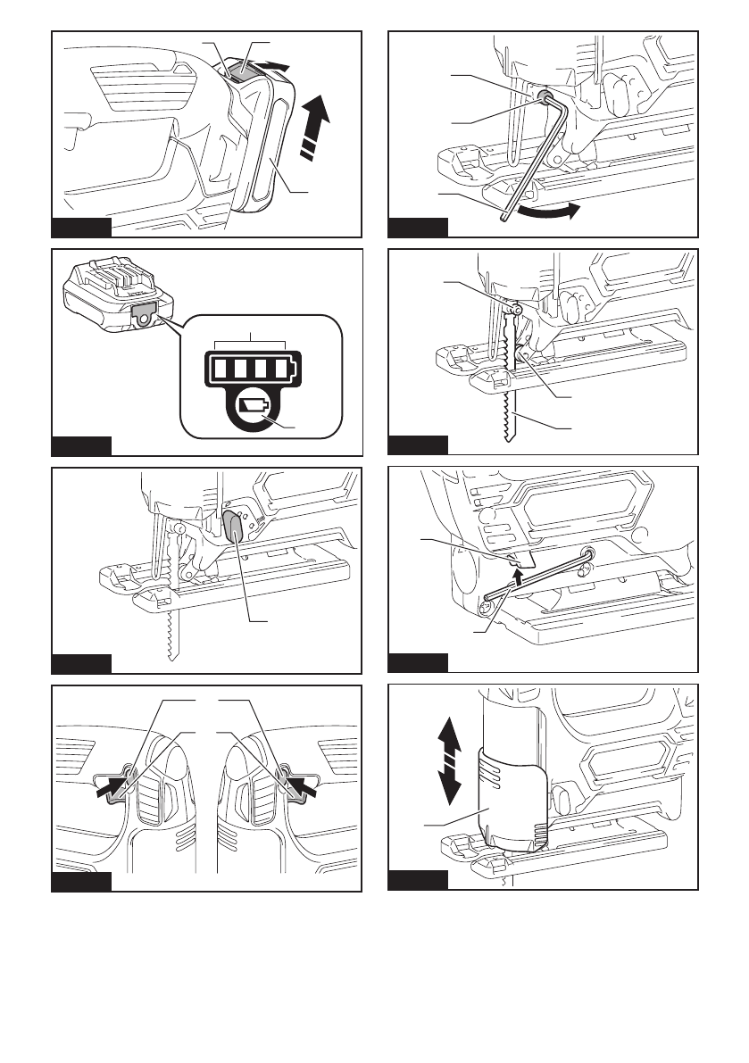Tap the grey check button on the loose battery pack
(x=142, y=312)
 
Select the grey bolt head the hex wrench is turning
(x=544, y=100)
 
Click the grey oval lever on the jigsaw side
(x=234, y=527)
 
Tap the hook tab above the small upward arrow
(x=521, y=559)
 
